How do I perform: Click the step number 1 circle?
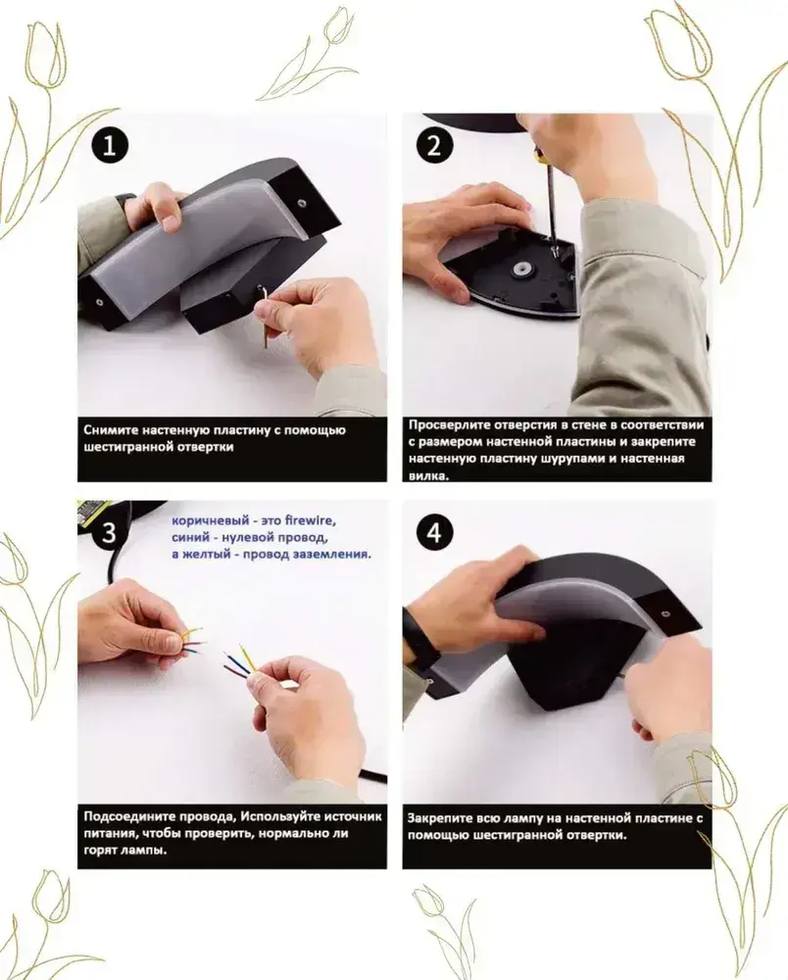coord(110,148)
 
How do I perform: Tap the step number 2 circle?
coord(433,148)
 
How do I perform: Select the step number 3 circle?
coord(109,533)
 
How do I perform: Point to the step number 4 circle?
coord(433,533)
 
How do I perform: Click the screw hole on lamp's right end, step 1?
coord(302,204)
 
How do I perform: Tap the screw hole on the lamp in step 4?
coord(665,613)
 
